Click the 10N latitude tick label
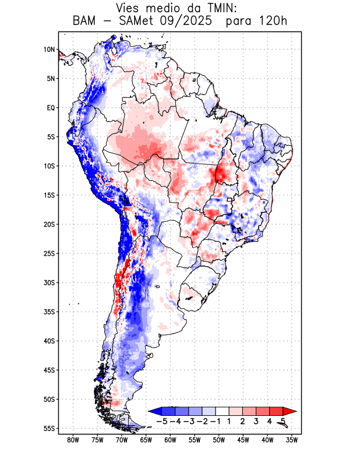(49, 50)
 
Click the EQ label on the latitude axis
(50, 108)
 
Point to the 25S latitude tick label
(48, 253)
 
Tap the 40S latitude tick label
(48, 341)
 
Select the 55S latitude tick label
(48, 428)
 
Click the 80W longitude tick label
(73, 440)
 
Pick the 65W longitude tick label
(146, 440)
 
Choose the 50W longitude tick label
(219, 440)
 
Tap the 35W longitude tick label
(292, 440)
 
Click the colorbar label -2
(201, 421)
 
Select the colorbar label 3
(256, 421)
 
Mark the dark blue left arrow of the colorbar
(154, 411)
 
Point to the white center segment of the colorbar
(222, 411)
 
